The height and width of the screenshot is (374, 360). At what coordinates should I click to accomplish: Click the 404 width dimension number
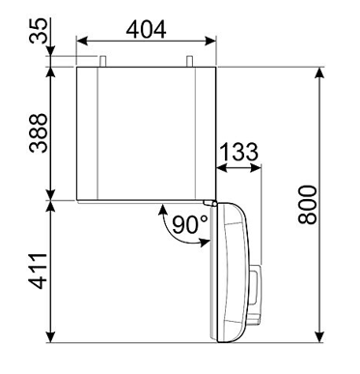tap(146, 29)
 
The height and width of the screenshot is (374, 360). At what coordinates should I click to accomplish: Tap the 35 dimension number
tap(39, 31)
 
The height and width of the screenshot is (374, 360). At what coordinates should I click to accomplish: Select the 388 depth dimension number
tap(39, 132)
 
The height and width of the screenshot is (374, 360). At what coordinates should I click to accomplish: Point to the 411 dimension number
tap(39, 272)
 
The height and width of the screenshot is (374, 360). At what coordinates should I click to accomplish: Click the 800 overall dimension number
tap(308, 204)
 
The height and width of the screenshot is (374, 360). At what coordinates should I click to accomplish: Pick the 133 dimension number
tap(238, 152)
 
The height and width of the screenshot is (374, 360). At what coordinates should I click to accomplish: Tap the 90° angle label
tap(190, 224)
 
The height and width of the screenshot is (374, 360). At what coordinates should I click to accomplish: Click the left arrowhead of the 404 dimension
tap(82, 41)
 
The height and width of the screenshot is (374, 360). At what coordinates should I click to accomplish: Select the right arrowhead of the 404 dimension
tap(210, 41)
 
